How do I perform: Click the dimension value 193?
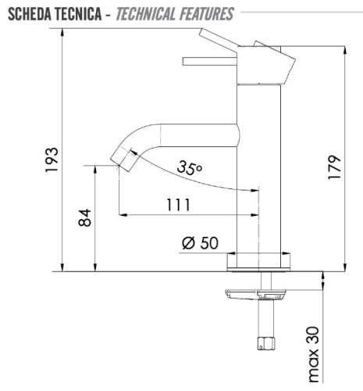point(52,161)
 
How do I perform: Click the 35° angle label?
point(189,167)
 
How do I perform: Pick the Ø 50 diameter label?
point(200,242)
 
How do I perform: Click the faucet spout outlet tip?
point(122,160)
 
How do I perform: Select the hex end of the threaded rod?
point(264,342)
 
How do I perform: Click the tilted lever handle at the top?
point(220,40)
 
